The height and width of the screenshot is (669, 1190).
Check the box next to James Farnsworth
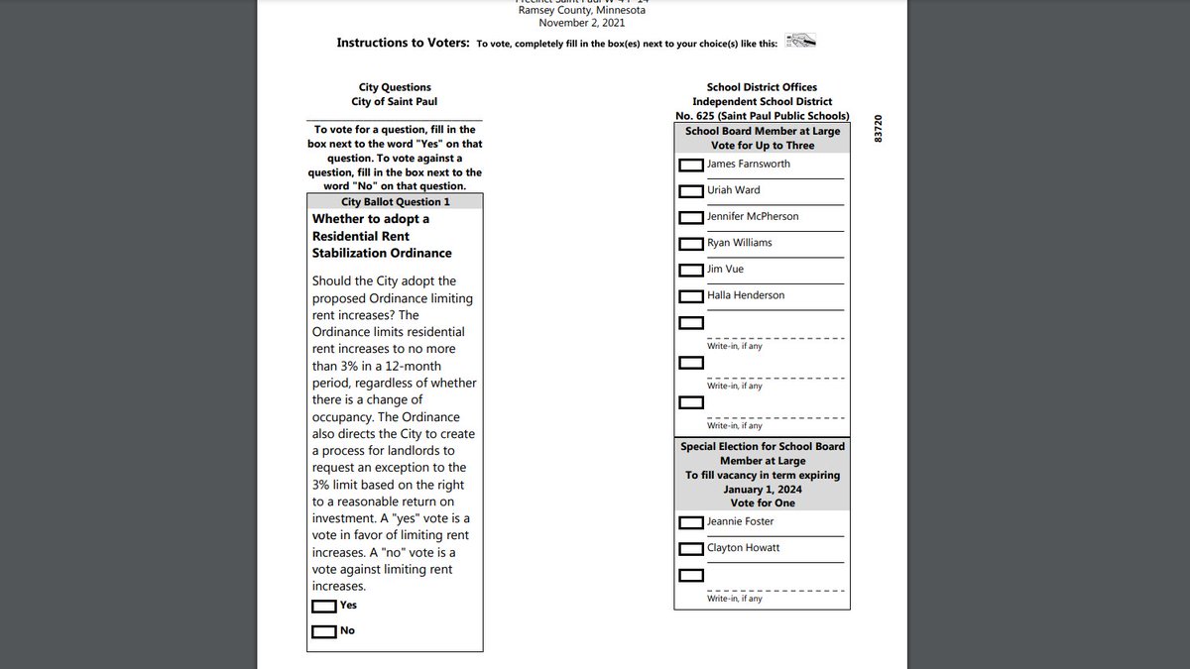(691, 165)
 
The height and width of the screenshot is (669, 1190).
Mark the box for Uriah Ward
(691, 191)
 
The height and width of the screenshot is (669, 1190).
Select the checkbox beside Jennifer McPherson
(691, 217)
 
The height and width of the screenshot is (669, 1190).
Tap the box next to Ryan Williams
(691, 244)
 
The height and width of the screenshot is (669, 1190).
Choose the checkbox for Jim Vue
(691, 270)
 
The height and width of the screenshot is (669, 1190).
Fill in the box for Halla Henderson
(691, 296)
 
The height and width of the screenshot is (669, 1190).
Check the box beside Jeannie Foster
(691, 522)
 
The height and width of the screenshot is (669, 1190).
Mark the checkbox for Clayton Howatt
(691, 549)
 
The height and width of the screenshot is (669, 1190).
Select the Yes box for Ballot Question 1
(323, 606)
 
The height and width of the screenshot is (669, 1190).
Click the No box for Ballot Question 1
(323, 631)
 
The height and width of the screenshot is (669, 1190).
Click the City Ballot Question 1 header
(395, 201)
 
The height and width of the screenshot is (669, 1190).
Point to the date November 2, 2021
(593, 22)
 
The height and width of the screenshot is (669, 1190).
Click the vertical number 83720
(878, 131)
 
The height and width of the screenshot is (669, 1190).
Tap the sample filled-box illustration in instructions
(799, 42)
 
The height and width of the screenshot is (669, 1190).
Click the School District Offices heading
(762, 87)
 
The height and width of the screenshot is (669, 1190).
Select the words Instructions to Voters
(403, 43)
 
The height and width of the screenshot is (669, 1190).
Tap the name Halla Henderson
(746, 295)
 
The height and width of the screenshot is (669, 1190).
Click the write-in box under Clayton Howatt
(691, 575)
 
